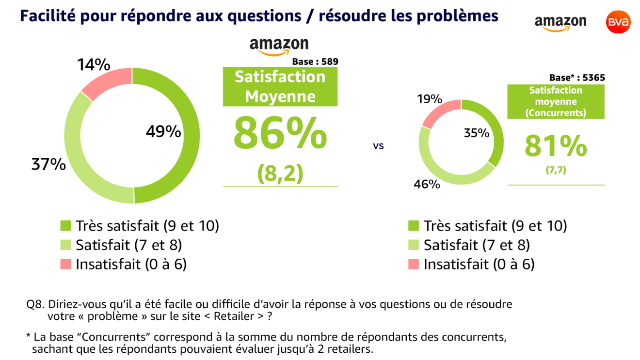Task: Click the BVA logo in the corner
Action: (618, 22)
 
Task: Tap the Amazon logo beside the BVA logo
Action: (560, 23)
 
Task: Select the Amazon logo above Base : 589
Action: (279, 47)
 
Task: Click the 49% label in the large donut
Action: (163, 131)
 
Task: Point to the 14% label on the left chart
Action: (94, 65)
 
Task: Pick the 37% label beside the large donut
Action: (48, 165)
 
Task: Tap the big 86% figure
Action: (280, 133)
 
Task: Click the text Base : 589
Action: (315, 62)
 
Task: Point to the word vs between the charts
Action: (378, 145)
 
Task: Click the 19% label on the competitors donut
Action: (429, 99)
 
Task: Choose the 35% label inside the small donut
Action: (477, 133)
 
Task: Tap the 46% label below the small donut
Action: (427, 184)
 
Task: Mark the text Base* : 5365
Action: (577, 78)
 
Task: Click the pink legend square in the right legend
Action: (413, 264)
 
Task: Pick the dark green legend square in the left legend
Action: (65, 226)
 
